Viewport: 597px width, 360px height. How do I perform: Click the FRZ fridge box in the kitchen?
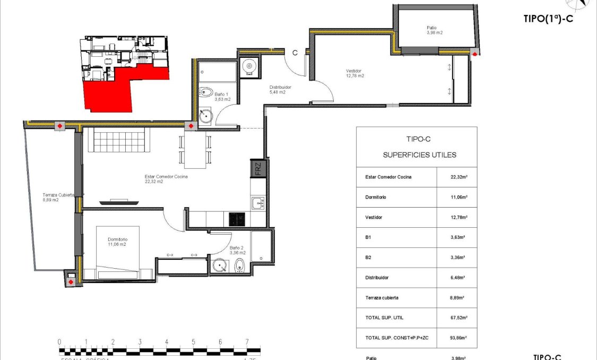click(258, 169)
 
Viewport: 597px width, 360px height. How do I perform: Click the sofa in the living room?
click(119, 140)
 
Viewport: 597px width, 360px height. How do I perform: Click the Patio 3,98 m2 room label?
click(434, 30)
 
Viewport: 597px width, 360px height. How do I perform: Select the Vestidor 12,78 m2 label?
click(354, 73)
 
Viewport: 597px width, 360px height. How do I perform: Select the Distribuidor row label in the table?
click(377, 277)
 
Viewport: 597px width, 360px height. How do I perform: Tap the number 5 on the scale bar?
click(193, 341)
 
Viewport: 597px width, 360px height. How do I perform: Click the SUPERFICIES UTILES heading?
click(419, 155)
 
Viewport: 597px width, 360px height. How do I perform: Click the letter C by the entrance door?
click(295, 52)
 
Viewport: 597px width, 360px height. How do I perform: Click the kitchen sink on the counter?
click(257, 202)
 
